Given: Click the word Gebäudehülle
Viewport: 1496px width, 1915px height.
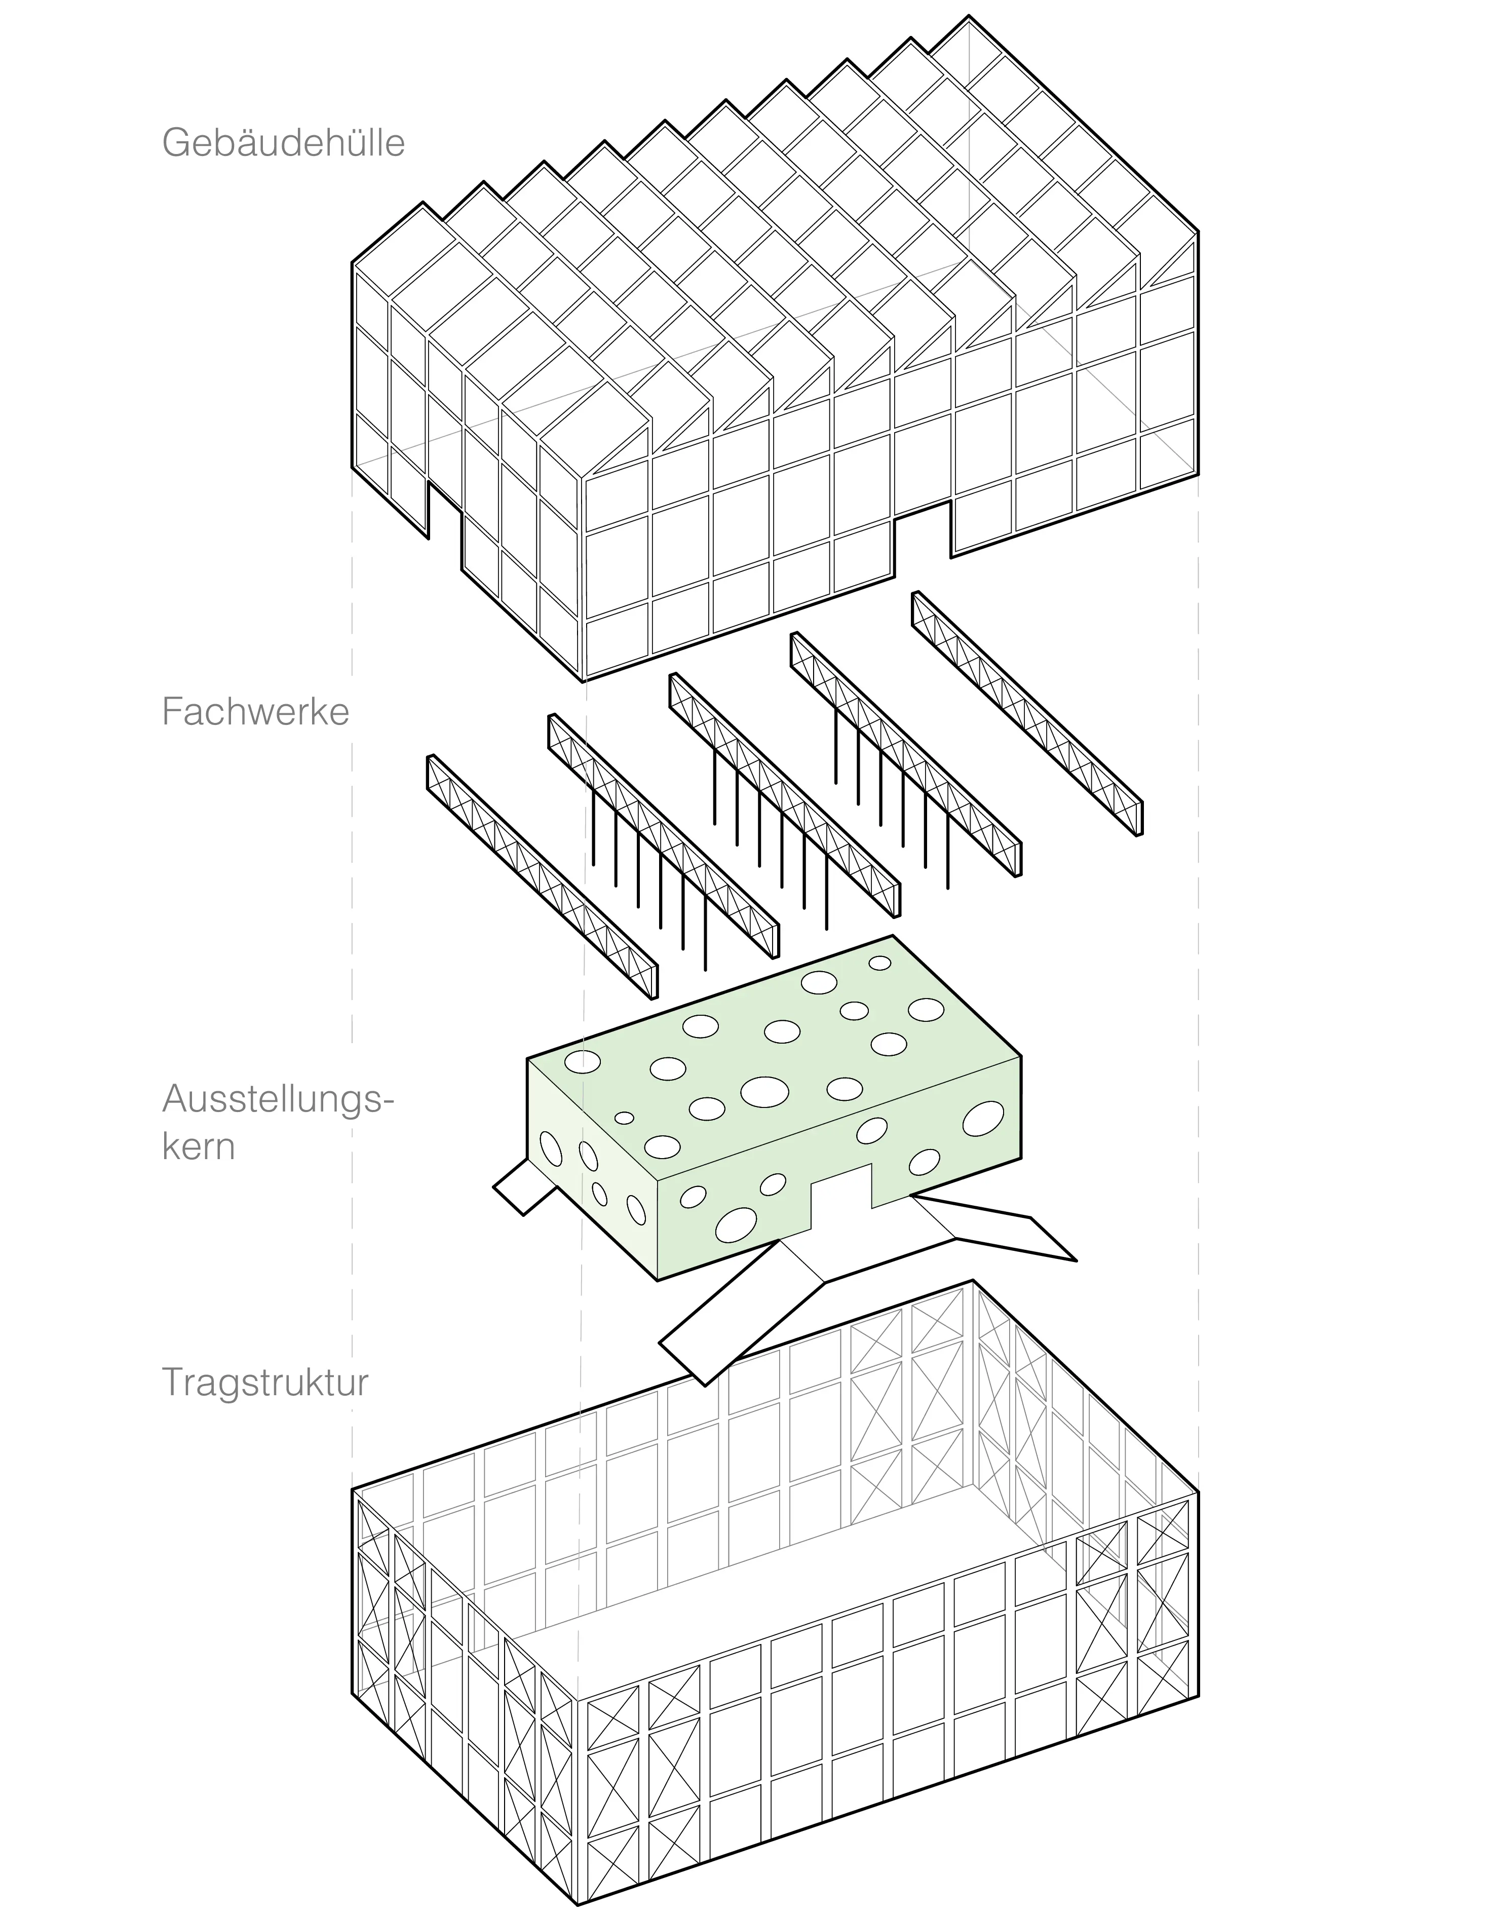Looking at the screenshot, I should pos(283,143).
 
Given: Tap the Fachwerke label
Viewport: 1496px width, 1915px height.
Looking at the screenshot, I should pos(255,712).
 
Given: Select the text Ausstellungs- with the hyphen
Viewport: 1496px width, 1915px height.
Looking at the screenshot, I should pos(278,1099).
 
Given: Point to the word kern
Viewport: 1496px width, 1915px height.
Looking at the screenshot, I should pos(198,1147).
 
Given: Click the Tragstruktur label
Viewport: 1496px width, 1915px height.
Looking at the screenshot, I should pos(265,1383).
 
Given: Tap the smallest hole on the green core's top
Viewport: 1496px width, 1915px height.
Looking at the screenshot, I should pos(624,1118).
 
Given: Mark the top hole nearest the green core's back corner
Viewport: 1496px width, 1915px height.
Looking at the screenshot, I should pos(879,963).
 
